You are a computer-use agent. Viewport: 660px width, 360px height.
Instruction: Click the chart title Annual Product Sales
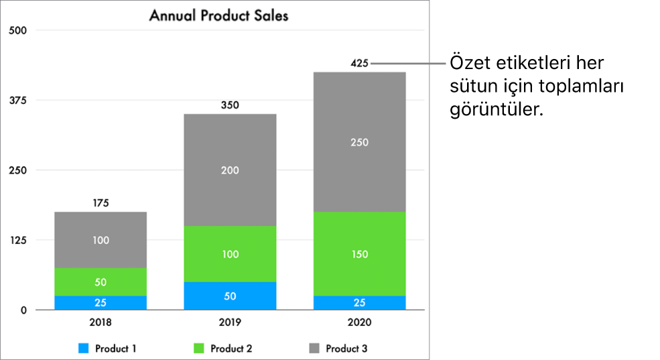tap(218, 15)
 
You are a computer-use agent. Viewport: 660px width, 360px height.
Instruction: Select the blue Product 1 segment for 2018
tap(101, 303)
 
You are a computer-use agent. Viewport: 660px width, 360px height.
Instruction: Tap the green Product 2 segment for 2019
tap(230, 254)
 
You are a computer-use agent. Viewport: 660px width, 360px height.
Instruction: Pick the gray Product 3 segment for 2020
tap(359, 142)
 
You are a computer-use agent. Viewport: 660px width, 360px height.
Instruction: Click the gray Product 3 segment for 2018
tap(101, 240)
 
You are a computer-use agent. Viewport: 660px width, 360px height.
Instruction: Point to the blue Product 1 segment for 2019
tap(230, 296)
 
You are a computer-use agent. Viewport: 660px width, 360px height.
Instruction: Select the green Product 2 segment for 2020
tap(359, 254)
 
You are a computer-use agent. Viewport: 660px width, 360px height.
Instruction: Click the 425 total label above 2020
tap(359, 64)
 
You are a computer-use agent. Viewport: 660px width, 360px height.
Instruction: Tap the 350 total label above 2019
tap(230, 105)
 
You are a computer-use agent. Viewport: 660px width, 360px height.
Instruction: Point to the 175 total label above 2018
tap(101, 203)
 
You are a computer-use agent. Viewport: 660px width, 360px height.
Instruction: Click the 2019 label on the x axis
tap(230, 322)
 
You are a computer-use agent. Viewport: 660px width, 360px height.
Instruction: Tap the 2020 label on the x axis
tap(359, 322)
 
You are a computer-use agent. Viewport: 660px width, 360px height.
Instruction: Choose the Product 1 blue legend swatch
tap(83, 349)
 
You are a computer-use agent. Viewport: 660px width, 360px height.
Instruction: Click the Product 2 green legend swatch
tap(198, 349)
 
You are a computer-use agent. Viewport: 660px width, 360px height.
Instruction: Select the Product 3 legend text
tap(346, 349)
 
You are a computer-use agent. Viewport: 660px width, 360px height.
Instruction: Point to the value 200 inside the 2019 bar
tap(230, 170)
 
